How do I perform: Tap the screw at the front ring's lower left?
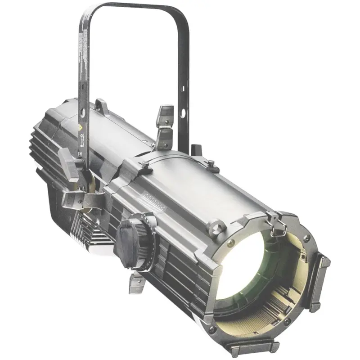click(x=212, y=329)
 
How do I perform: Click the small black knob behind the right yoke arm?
click(x=195, y=149)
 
